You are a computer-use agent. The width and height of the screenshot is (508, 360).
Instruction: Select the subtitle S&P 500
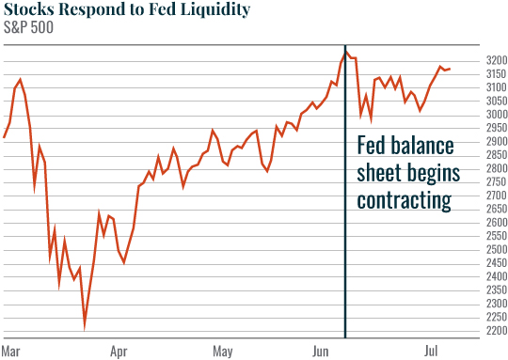pyautogui.click(x=28, y=28)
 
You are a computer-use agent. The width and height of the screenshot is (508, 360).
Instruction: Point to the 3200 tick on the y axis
pyautogui.click(x=495, y=59)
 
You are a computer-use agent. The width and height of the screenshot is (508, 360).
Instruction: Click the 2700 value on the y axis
pyautogui.click(x=495, y=196)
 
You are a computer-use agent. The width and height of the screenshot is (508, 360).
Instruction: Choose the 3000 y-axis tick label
pyautogui.click(x=495, y=114)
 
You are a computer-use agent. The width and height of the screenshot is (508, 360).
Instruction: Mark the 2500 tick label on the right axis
pyautogui.click(x=495, y=249)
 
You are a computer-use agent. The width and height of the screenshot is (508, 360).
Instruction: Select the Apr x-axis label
pyautogui.click(x=119, y=352)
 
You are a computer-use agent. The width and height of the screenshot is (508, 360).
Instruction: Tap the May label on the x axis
pyautogui.click(x=222, y=352)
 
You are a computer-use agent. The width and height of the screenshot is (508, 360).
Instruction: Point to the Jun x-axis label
pyautogui.click(x=322, y=352)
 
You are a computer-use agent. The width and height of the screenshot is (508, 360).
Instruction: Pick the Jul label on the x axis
pyautogui.click(x=431, y=352)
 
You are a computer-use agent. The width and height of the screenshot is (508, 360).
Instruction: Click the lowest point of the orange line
pyautogui.click(x=85, y=326)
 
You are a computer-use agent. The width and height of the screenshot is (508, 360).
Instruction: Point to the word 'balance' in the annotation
pyautogui.click(x=423, y=147)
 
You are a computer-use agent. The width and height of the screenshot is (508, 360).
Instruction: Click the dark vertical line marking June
pyautogui.click(x=345, y=235)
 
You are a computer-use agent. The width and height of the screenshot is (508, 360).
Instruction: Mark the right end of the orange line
pyautogui.click(x=449, y=69)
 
